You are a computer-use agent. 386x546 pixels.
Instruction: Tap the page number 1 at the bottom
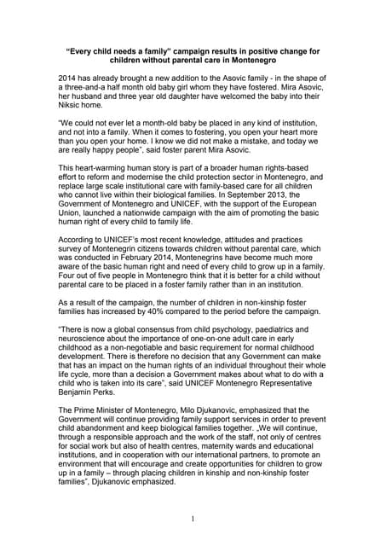193,519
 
